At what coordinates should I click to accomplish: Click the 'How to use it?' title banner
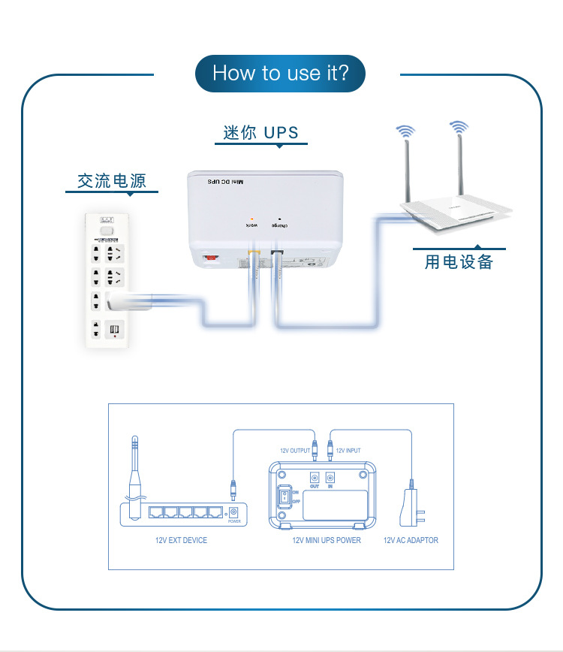point(281,73)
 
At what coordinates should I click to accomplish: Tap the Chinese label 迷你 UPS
point(261,133)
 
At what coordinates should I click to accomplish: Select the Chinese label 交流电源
point(112,181)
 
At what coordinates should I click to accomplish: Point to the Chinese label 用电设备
point(459,261)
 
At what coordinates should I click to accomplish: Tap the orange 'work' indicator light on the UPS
point(251,218)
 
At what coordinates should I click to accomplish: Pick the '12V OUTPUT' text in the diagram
point(295,451)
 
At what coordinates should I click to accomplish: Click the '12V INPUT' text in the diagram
point(348,451)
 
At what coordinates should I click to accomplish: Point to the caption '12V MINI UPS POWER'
point(327,540)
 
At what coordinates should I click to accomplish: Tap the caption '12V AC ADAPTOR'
point(411,540)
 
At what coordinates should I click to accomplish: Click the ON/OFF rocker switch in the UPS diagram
point(285,496)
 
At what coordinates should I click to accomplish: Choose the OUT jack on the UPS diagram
point(315,477)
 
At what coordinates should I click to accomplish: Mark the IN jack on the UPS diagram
point(330,477)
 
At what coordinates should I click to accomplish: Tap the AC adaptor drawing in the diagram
point(412,508)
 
